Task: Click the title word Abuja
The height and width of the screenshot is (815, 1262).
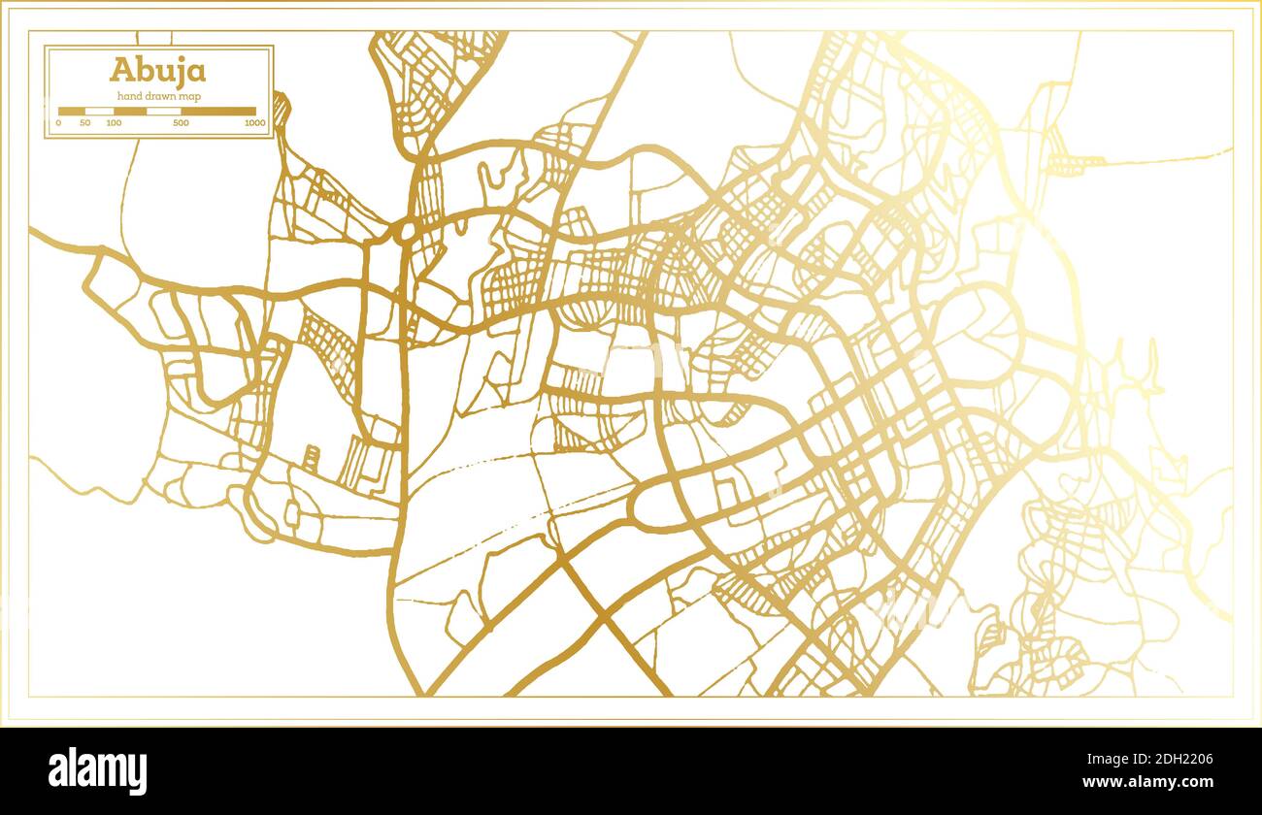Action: click(157, 70)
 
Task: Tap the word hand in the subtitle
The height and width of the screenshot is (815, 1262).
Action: click(130, 95)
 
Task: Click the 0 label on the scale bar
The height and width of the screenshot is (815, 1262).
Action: click(58, 123)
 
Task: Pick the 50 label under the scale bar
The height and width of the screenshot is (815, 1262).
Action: click(85, 123)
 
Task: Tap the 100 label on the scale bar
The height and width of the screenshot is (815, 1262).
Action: click(114, 123)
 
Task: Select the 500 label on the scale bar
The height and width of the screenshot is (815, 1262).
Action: click(181, 123)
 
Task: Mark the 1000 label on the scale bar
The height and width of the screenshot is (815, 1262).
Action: click(254, 123)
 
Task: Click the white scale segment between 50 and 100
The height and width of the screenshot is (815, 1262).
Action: click(99, 112)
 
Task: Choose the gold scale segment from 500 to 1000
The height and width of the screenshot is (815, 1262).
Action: click(218, 112)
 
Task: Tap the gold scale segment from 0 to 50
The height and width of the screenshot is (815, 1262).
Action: click(72, 112)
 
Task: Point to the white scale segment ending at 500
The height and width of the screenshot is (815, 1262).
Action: click(163, 112)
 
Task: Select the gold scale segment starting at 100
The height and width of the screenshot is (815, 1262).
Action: click(129, 112)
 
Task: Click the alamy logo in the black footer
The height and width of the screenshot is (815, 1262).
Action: click(98, 770)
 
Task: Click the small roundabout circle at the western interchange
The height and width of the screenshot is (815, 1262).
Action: click(406, 231)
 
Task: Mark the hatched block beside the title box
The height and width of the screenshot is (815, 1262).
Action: click(282, 109)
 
